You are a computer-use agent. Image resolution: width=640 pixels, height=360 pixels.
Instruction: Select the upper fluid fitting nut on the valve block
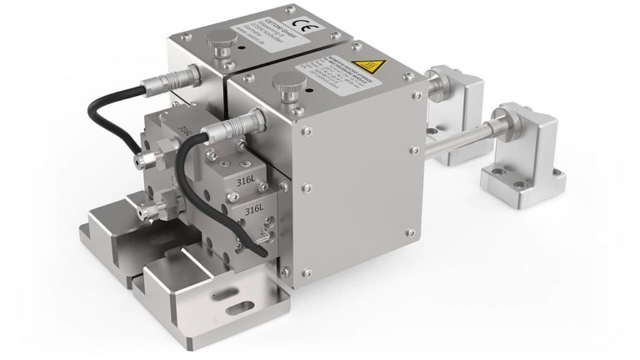[152, 157]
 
